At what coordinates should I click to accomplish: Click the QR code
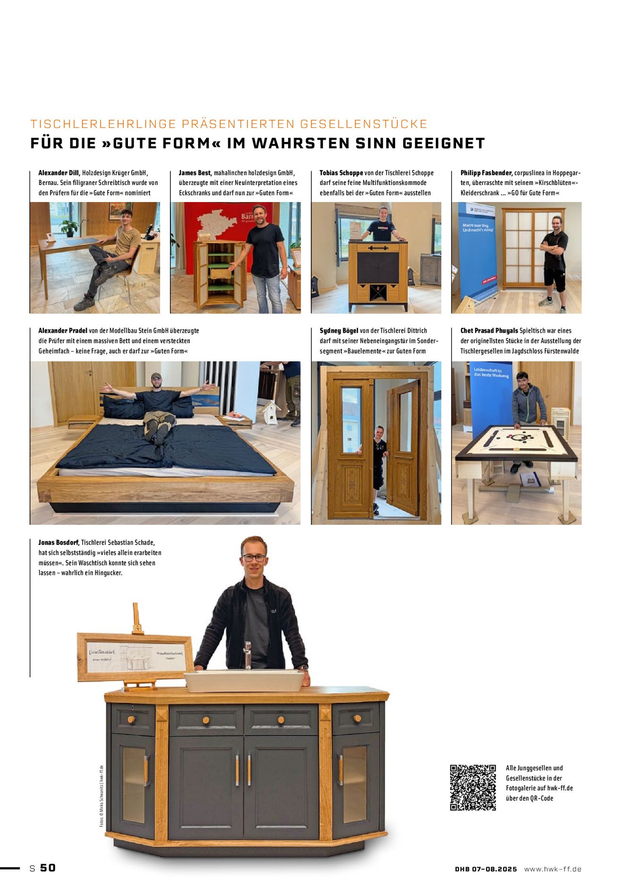[473, 787]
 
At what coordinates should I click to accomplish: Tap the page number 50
[48, 868]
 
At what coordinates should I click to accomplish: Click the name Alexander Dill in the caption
[59, 173]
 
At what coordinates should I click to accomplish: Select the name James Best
[195, 173]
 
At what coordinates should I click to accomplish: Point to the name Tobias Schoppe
[341, 173]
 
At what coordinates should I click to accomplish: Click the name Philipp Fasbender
[486, 173]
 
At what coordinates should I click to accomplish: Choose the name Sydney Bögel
[338, 330]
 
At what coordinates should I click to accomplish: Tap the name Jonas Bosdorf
[59, 542]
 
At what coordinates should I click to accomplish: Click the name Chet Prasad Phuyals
[489, 330]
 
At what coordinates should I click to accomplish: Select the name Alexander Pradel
[63, 330]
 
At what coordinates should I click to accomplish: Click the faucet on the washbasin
[247, 655]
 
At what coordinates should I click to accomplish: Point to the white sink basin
[245, 681]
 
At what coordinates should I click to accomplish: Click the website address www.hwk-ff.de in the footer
[552, 869]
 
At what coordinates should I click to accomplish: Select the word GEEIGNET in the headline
[444, 143]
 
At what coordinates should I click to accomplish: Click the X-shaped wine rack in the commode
[378, 293]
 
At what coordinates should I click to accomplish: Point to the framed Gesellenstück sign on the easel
[135, 656]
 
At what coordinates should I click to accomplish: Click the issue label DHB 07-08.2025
[486, 869]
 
